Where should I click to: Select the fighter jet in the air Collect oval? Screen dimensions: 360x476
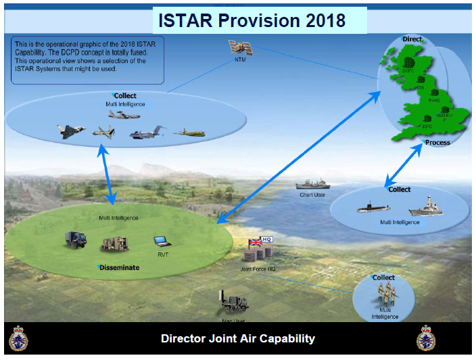click(x=71, y=131)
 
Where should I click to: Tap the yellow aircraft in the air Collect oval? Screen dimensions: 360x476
click(x=189, y=132)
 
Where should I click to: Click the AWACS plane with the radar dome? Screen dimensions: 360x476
click(x=124, y=116)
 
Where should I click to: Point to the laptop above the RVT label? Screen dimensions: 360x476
click(x=161, y=240)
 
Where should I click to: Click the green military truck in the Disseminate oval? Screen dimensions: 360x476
click(x=74, y=240)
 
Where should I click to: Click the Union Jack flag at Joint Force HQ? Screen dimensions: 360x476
click(x=256, y=242)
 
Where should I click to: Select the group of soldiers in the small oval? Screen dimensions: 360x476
click(x=384, y=294)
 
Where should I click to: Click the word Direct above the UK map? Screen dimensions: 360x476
click(x=412, y=39)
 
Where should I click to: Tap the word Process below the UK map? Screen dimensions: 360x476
click(x=437, y=143)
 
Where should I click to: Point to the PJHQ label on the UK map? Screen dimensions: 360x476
click(x=433, y=100)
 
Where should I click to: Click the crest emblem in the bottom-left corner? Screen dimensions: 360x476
click(x=18, y=338)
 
